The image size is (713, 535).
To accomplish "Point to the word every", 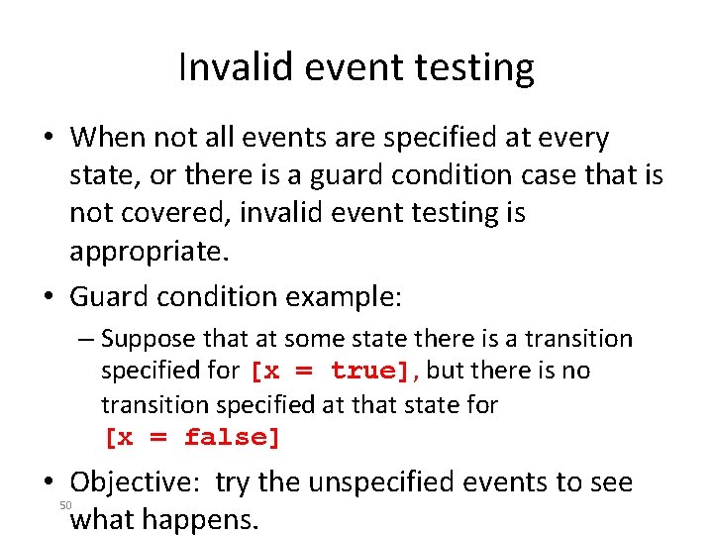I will click(x=568, y=137).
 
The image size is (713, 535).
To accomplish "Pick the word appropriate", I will click(x=149, y=251).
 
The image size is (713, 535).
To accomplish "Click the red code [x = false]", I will click(x=192, y=437).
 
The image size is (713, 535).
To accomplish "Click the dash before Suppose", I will click(x=87, y=339).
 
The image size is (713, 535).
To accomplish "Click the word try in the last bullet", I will click(x=233, y=483).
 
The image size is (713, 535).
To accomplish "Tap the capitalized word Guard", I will click(x=109, y=296).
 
